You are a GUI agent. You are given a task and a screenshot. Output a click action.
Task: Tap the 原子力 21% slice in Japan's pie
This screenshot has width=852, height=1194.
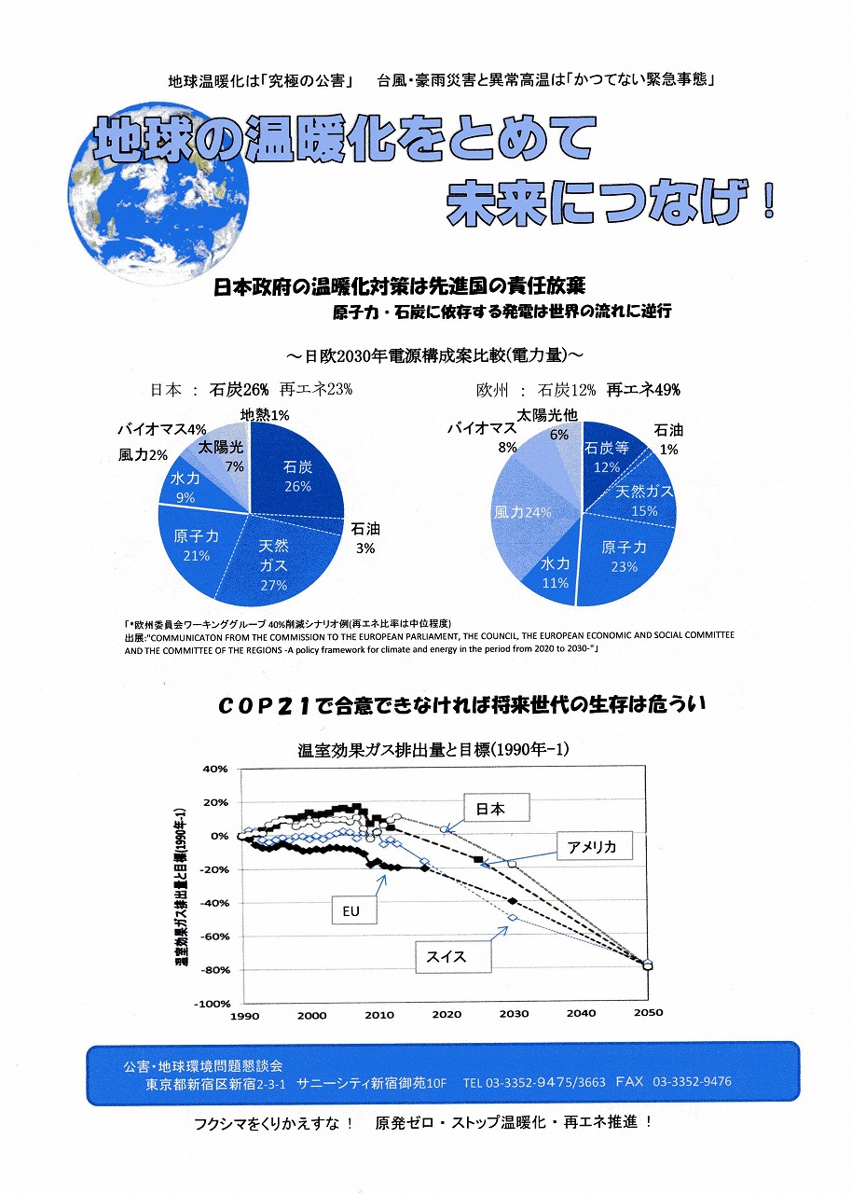[x=196, y=545]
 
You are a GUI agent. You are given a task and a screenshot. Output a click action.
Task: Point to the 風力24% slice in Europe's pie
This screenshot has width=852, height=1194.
[x=522, y=512]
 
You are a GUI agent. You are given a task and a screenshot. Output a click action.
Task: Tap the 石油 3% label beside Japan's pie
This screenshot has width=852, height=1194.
[x=365, y=538]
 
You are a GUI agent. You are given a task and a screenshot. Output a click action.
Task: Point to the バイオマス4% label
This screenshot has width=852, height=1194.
[x=161, y=430]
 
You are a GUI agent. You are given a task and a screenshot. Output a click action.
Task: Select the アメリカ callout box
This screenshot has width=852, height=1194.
[x=594, y=846]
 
